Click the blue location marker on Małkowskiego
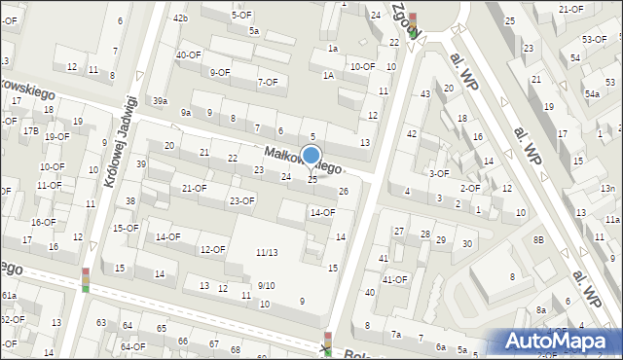[311, 156]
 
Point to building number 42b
[180, 18]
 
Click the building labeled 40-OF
[189, 54]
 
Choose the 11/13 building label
[267, 252]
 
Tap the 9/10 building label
[266, 285]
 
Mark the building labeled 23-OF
[241, 201]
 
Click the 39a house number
[161, 100]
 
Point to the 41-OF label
[394, 279]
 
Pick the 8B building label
[538, 238]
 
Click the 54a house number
[592, 93]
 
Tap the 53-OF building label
[594, 39]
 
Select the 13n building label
[608, 188]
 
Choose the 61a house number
[9, 295]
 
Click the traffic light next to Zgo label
[413, 25]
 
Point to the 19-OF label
[55, 136]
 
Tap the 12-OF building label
[212, 250]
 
